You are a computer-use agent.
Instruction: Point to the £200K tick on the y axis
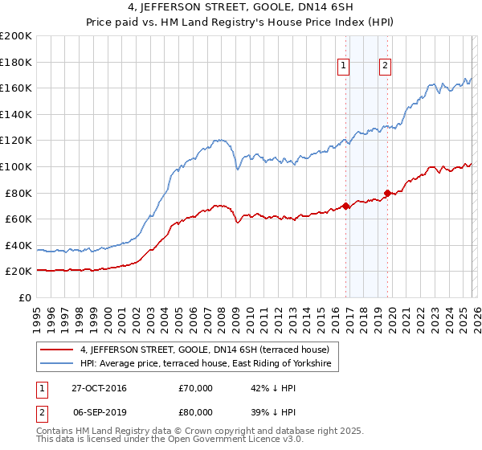point(16,36)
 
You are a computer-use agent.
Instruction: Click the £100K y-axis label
point(16,166)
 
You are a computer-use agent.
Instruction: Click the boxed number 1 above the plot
point(343,67)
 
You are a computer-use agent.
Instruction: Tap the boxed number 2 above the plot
point(386,67)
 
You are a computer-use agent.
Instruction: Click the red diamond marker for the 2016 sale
point(346,206)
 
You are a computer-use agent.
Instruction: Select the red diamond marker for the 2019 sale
point(387,193)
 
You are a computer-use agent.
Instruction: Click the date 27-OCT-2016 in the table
point(99,388)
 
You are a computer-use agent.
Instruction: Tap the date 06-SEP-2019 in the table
point(99,411)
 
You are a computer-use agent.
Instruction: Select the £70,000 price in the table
point(195,388)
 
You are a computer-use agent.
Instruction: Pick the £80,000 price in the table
point(195,411)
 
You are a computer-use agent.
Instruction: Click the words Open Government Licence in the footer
point(230,441)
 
